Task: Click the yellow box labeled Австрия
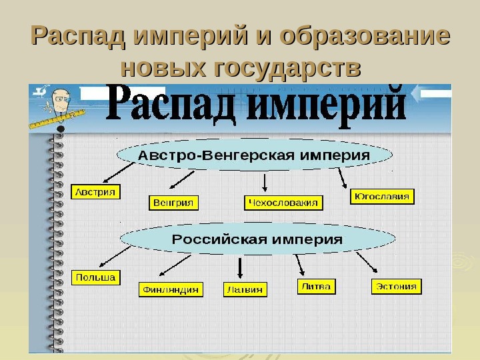pyautogui.click(x=94, y=192)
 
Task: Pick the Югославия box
pyautogui.click(x=382, y=197)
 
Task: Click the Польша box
pyautogui.click(x=95, y=277)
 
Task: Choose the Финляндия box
pyautogui.click(x=171, y=289)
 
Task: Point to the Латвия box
pyautogui.click(x=245, y=289)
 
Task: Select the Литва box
pyautogui.click(x=316, y=286)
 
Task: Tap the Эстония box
pyautogui.click(x=396, y=287)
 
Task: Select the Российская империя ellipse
pyautogui.click(x=257, y=238)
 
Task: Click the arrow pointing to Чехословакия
pyautogui.click(x=266, y=183)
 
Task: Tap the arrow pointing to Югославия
pyautogui.click(x=343, y=177)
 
